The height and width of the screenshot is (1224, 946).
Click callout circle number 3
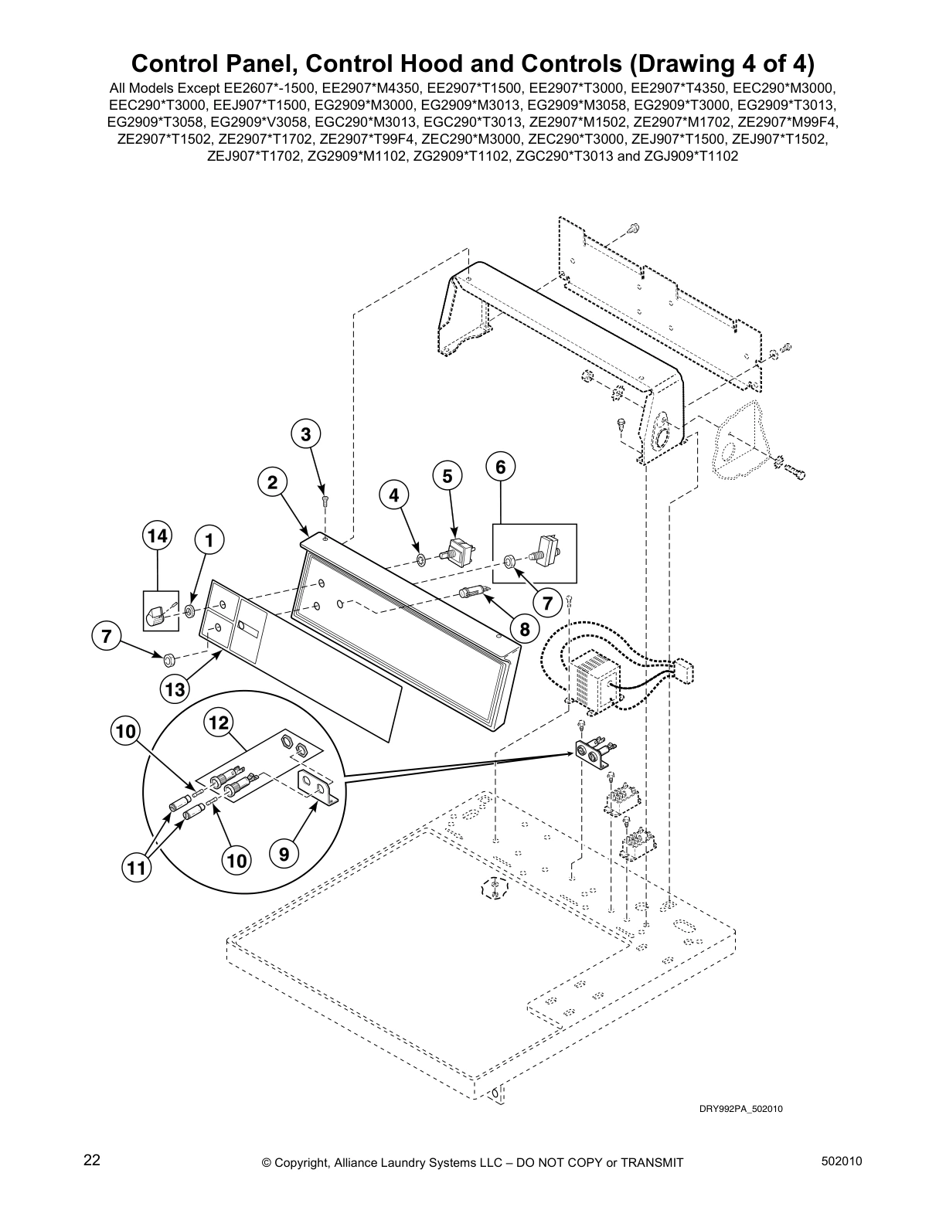[306, 435]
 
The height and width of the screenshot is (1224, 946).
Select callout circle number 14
[158, 535]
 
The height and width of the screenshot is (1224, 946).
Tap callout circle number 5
[447, 476]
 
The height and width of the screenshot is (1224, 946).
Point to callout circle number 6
[501, 466]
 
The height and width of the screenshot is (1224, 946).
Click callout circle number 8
[525, 629]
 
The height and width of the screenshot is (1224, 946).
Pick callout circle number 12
[219, 722]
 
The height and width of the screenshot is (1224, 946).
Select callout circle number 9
[284, 854]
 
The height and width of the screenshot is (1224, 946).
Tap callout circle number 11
[136, 868]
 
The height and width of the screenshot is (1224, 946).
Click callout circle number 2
[272, 483]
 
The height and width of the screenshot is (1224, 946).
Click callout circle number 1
[209, 539]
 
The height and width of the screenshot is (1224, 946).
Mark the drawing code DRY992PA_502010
[741, 1109]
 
